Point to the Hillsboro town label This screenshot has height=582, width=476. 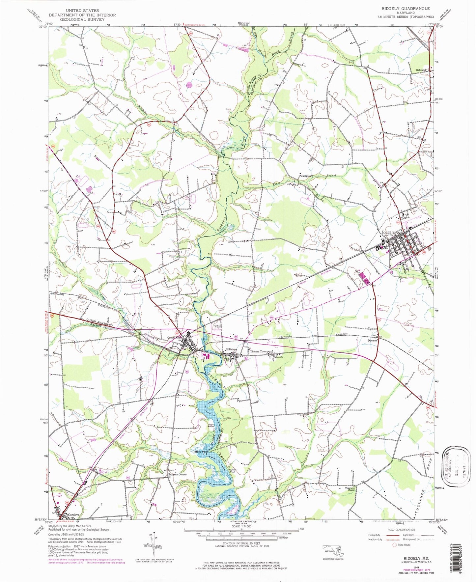(x=231, y=349)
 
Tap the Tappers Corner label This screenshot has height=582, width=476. (x=178, y=475)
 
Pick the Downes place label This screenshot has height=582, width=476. (x=373, y=341)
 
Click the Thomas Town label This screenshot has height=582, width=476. (x=258, y=352)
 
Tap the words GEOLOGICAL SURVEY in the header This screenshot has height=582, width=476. (x=82, y=19)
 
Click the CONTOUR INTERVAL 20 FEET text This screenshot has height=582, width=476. (x=242, y=543)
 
